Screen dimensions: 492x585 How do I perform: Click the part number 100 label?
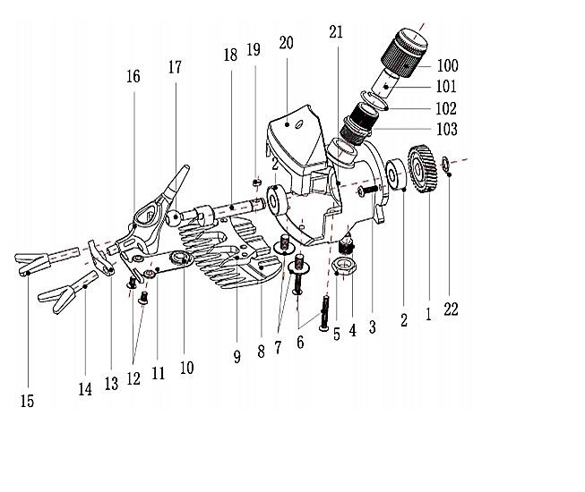coord(447,66)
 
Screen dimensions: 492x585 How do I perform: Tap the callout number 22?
coord(451,310)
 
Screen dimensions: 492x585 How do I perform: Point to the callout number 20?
coord(287,43)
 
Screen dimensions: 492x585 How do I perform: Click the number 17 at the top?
coord(174,67)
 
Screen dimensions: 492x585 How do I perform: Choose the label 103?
coord(447,130)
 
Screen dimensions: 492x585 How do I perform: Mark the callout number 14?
coord(85,389)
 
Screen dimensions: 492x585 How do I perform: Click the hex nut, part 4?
coord(345,265)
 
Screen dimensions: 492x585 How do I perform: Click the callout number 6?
coord(300,342)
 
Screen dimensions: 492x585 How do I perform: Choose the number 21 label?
coord(336,33)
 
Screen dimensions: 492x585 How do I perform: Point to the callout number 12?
coord(133,378)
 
